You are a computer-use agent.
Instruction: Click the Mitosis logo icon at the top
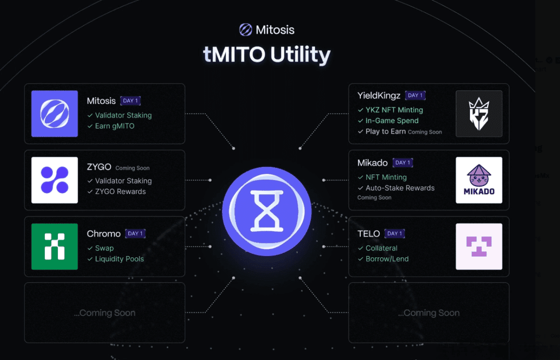(x=245, y=30)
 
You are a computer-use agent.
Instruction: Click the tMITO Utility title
(x=267, y=55)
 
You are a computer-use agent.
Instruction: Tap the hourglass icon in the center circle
(x=266, y=211)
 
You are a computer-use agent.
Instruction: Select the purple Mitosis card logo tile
(x=55, y=114)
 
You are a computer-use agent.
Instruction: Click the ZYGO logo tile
(x=55, y=180)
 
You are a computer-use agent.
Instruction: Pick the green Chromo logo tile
(x=55, y=246)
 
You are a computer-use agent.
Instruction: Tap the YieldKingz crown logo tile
(x=479, y=114)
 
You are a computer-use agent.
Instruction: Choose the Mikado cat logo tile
(x=479, y=180)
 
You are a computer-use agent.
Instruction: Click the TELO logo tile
(x=479, y=246)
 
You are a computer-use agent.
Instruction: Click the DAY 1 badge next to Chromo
(x=135, y=234)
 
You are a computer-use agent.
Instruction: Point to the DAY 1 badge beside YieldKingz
(x=415, y=96)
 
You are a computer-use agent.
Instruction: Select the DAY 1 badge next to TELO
(x=395, y=234)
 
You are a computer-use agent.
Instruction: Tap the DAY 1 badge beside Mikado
(x=403, y=163)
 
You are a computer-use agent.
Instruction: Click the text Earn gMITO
(x=114, y=126)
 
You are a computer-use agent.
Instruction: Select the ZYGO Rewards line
(x=120, y=192)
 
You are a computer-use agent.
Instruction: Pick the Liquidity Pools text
(x=119, y=259)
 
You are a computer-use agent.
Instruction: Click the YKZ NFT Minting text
(x=394, y=110)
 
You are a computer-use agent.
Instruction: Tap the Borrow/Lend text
(x=387, y=259)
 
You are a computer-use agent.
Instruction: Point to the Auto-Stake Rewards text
(x=400, y=188)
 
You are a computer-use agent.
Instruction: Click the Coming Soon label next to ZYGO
(x=133, y=168)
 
